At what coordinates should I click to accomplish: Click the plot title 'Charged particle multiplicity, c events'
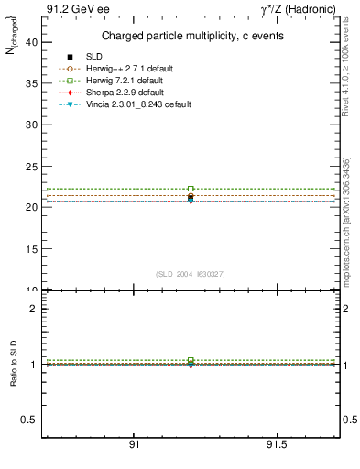click(191, 36)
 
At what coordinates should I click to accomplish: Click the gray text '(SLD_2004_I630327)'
click(191, 274)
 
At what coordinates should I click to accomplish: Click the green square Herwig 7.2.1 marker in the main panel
click(191, 189)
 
